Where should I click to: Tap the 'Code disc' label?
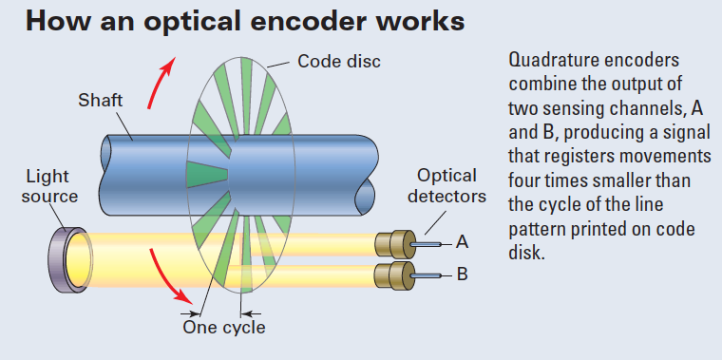(x=338, y=62)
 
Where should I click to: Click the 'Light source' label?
(x=50, y=186)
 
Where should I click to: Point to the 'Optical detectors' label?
(x=446, y=186)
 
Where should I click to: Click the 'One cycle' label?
(x=224, y=328)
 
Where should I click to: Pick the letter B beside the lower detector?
(x=462, y=276)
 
